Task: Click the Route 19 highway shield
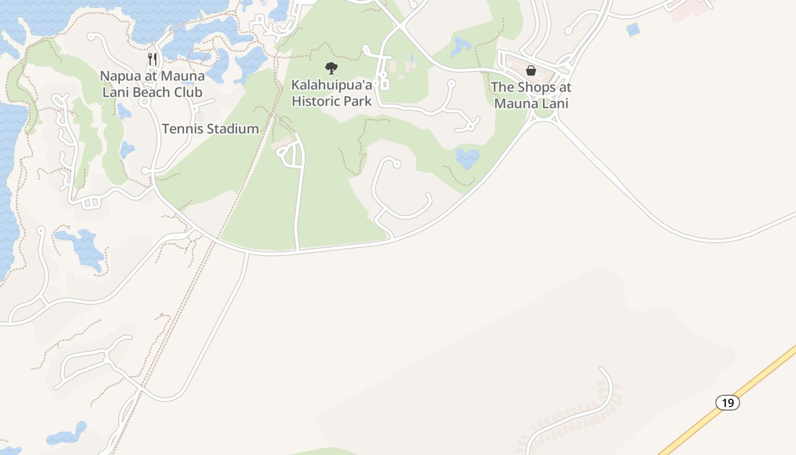coord(727,403)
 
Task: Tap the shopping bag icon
coord(531,71)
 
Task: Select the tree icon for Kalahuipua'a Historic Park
coord(331,68)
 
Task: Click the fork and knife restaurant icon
coord(152,59)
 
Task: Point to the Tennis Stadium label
coord(210,129)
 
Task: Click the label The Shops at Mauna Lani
coord(531,95)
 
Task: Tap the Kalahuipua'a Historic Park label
coord(331,93)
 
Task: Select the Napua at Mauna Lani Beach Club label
coord(152,84)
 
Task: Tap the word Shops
coord(538,87)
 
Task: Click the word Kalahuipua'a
coord(331,85)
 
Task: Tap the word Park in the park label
coord(357,101)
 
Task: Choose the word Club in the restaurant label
coord(189,92)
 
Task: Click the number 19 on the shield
coord(727,403)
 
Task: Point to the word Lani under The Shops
coord(555,104)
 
